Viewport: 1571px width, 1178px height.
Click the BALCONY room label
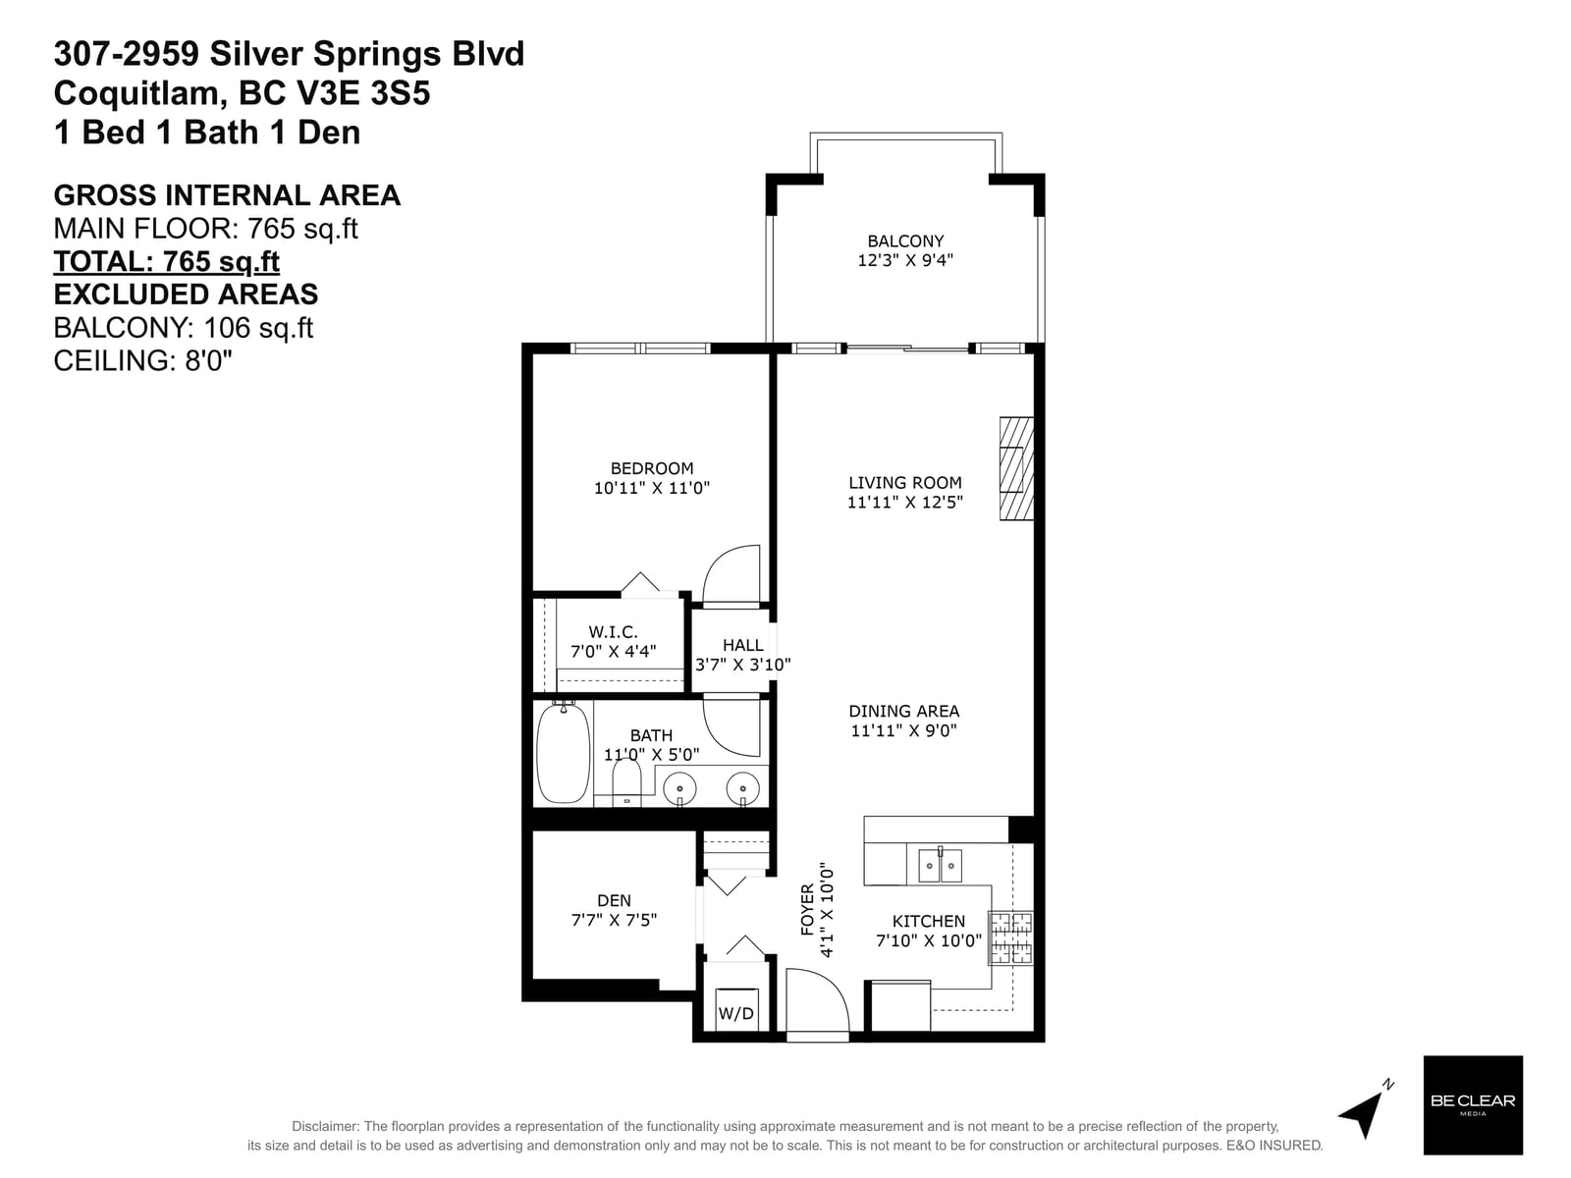tap(904, 241)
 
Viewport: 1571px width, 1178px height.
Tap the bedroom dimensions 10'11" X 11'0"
tap(651, 488)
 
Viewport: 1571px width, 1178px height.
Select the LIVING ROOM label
tap(904, 483)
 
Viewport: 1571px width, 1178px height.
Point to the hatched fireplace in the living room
tap(1016, 468)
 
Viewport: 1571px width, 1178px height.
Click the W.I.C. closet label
tap(613, 632)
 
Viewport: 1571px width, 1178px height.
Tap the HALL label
tap(742, 645)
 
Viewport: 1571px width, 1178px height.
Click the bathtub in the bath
tap(564, 753)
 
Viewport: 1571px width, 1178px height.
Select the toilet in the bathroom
tap(626, 782)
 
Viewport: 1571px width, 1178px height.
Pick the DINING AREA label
tap(904, 711)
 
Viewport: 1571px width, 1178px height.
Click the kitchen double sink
tap(940, 866)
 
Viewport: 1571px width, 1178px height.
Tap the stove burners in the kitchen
tap(1010, 937)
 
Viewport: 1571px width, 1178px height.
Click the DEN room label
tap(614, 900)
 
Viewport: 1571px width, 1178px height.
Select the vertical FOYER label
tap(807, 910)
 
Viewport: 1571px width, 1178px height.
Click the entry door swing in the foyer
tap(817, 1000)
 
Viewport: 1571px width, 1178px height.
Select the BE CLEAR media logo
tap(1472, 1104)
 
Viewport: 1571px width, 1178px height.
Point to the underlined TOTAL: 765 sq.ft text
tap(166, 262)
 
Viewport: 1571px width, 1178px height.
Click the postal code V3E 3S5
tap(334, 93)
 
